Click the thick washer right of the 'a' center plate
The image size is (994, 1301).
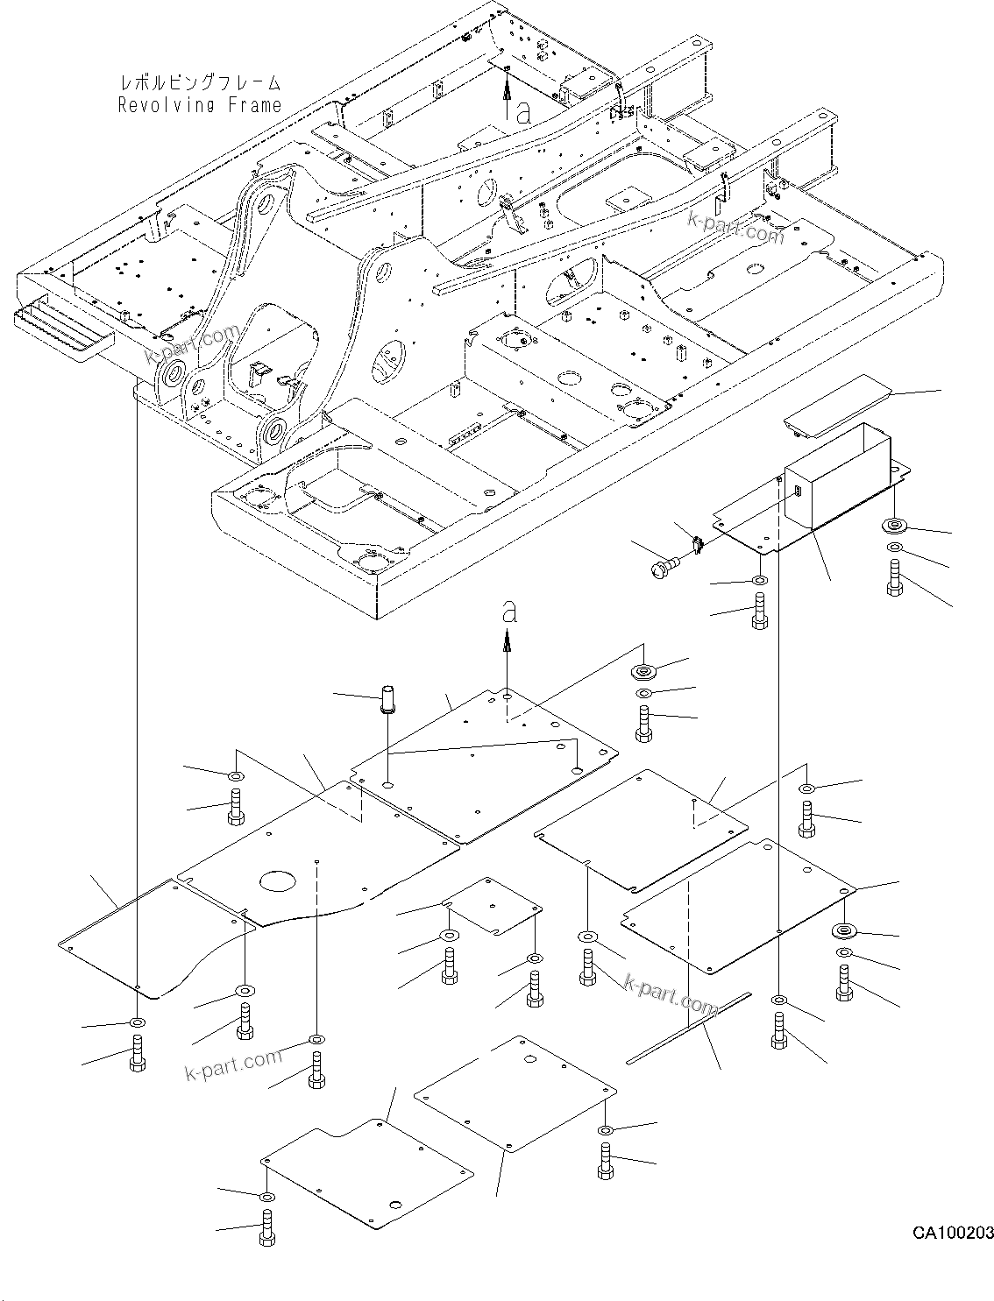pos(644,672)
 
